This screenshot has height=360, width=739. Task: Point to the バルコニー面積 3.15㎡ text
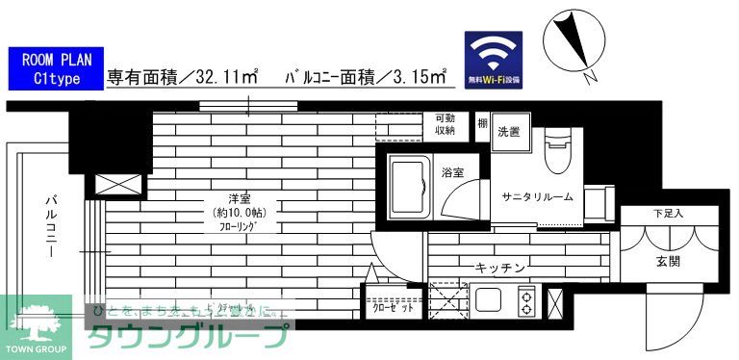pyautogui.click(x=365, y=74)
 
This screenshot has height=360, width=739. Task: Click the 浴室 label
pyautogui.click(x=452, y=173)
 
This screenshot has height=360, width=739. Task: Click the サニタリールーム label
pyautogui.click(x=537, y=196)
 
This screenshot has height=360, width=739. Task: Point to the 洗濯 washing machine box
pyautogui.click(x=508, y=133)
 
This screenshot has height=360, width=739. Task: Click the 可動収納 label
pyautogui.click(x=445, y=124)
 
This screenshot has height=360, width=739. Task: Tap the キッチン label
pyautogui.click(x=499, y=268)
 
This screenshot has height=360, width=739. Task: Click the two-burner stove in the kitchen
pyautogui.click(x=526, y=302)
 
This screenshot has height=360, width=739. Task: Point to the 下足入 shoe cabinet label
pyautogui.click(x=668, y=214)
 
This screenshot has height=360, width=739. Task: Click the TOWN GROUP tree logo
pyautogui.click(x=36, y=325)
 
